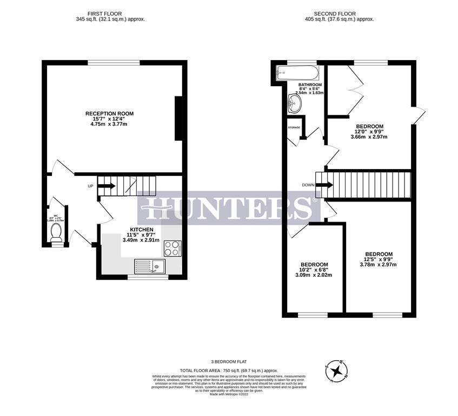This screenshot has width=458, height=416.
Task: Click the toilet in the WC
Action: pyautogui.click(x=55, y=233)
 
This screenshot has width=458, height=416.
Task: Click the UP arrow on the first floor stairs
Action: pyautogui.click(x=107, y=186)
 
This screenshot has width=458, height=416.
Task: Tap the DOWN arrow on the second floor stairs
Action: pyautogui.click(x=323, y=185)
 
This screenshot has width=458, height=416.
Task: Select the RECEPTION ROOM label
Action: pyautogui.click(x=109, y=114)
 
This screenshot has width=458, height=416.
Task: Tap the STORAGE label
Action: pyautogui.click(x=294, y=127)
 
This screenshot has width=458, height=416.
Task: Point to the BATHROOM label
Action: pyautogui.click(x=310, y=85)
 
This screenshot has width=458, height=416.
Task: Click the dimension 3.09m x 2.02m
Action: pyautogui.click(x=313, y=275)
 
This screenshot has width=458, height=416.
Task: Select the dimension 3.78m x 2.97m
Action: pyautogui.click(x=379, y=265)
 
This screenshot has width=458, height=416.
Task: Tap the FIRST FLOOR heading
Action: pyautogui.click(x=110, y=13)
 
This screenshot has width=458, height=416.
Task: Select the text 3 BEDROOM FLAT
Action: pyautogui.click(x=230, y=361)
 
